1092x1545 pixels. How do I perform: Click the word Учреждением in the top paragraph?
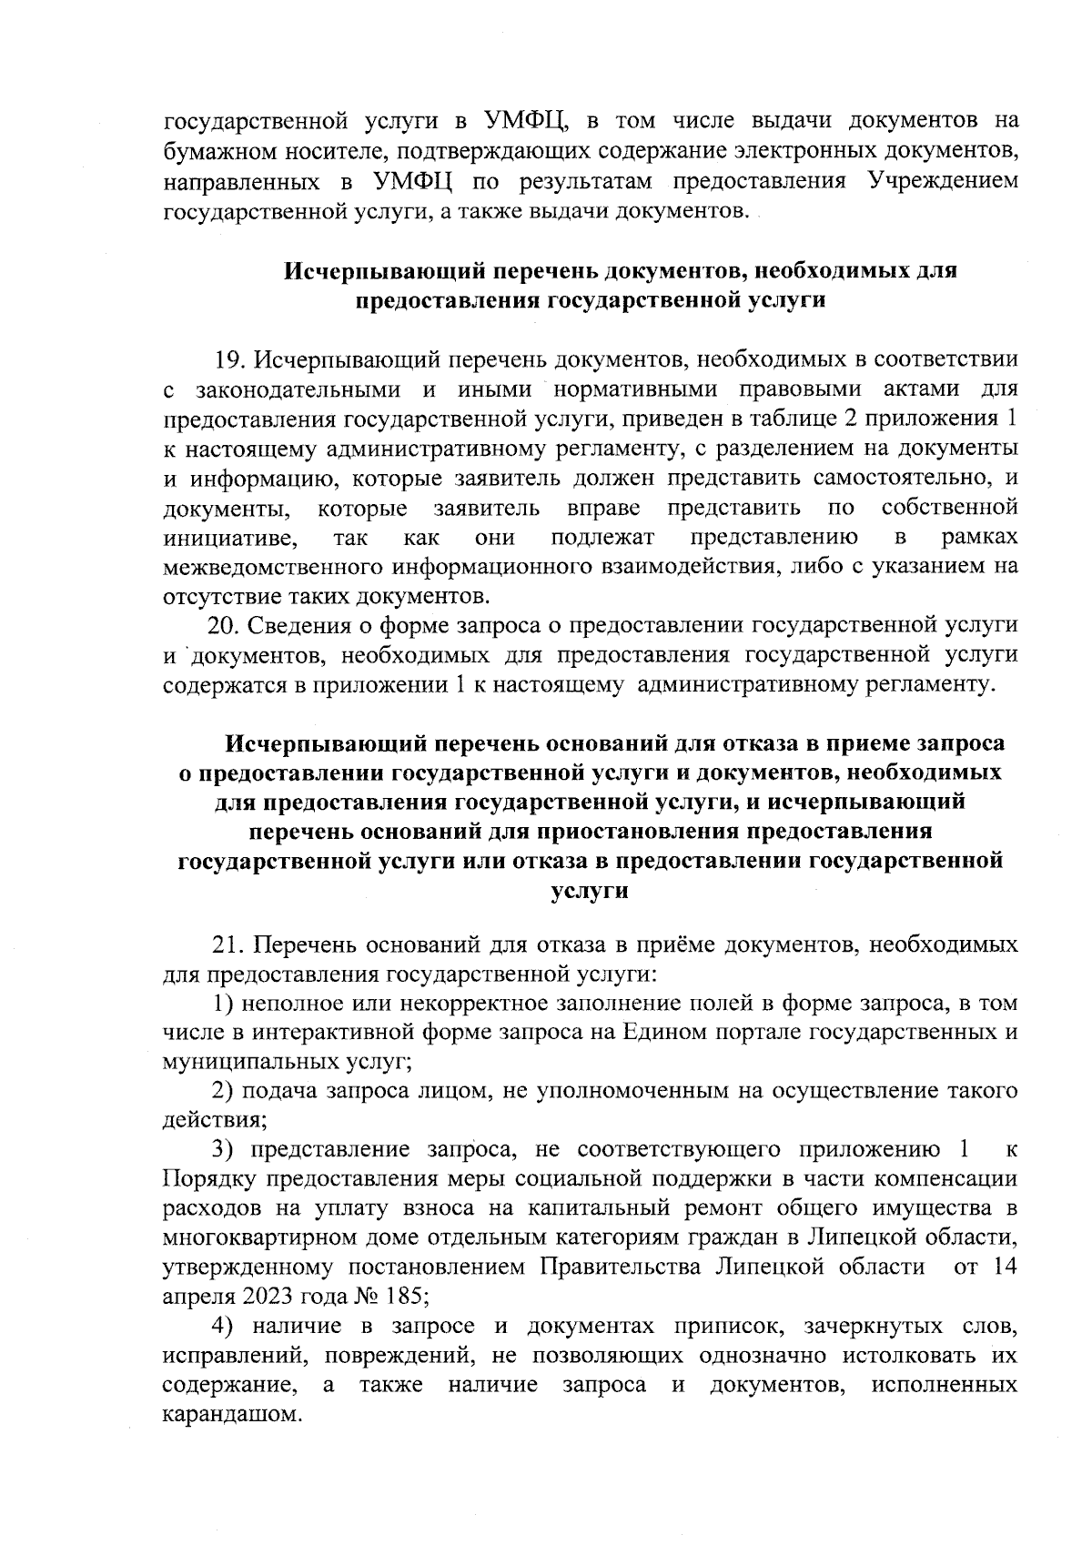pos(943,180)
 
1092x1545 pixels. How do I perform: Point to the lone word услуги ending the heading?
pos(590,890)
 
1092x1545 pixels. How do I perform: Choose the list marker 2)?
pos(224,1090)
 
